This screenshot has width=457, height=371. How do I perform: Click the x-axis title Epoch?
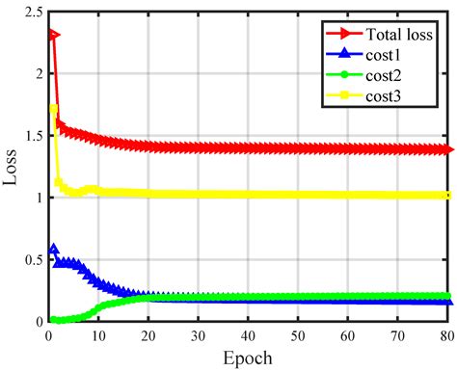[x=249, y=358]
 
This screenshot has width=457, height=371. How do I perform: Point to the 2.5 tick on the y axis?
[x=31, y=12]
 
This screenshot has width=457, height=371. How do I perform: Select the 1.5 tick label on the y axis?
[x=31, y=136]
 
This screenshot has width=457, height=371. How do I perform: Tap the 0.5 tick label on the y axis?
[x=31, y=260]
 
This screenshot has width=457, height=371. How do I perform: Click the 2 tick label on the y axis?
[x=37, y=74]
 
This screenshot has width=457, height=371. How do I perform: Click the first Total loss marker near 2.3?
[x=54, y=35]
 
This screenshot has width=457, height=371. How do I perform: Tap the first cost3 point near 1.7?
[x=54, y=109]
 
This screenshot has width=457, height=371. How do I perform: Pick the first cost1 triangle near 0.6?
[x=54, y=250]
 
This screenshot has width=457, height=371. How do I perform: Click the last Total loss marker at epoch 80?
[x=449, y=149]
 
